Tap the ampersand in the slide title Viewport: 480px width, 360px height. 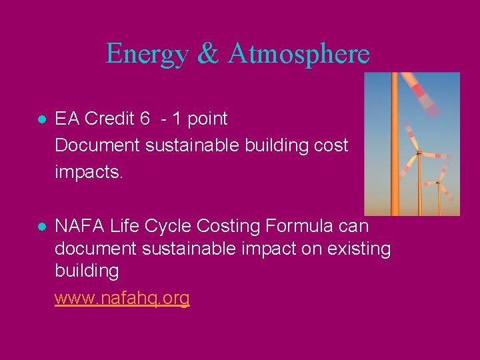207,54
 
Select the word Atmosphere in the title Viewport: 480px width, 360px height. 298,54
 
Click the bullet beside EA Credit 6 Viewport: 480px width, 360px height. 41,120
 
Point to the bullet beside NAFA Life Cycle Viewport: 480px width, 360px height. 41,227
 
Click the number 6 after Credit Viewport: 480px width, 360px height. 145,119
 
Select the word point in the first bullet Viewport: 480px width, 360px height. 207,119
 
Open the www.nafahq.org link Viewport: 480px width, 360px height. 122,298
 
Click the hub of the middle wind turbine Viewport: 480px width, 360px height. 418,153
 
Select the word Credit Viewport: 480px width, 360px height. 110,119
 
